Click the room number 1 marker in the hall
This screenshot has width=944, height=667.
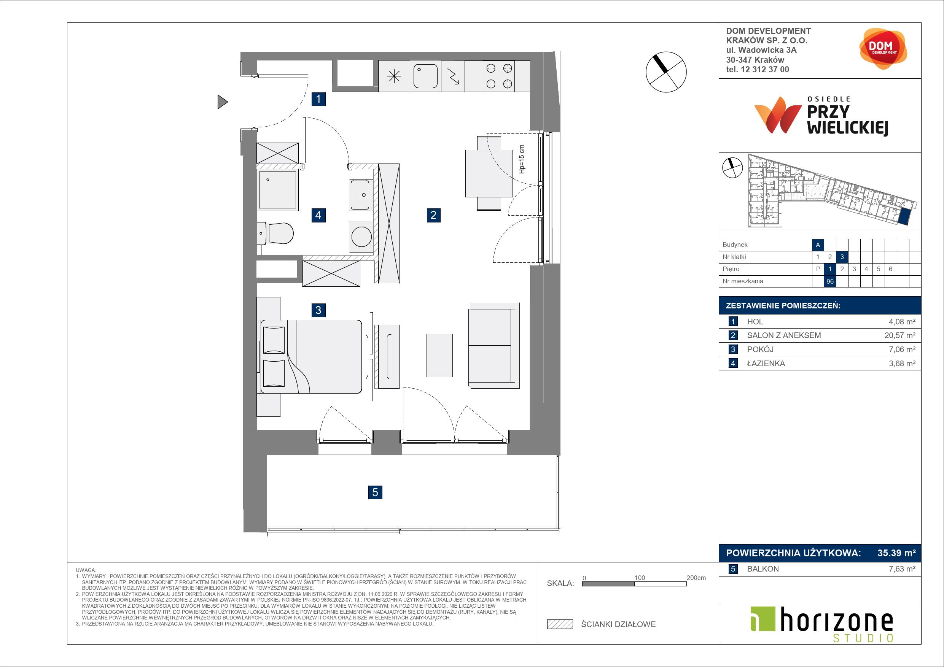[x=318, y=99]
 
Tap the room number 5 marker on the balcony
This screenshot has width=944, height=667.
[x=375, y=492]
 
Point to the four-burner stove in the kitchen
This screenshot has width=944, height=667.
[x=499, y=76]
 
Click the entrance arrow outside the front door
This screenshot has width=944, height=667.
[x=223, y=102]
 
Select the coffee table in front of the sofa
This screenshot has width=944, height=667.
[x=439, y=355]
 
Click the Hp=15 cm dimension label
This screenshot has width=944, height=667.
[x=522, y=159]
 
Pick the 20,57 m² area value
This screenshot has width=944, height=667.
[x=900, y=335]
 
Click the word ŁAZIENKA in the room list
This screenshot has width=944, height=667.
[x=766, y=363]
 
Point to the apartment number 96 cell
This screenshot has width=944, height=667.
[x=830, y=281]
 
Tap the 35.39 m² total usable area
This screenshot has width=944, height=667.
[x=896, y=553]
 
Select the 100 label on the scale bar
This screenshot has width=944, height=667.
[x=639, y=577]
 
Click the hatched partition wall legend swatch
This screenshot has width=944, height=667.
[x=560, y=624]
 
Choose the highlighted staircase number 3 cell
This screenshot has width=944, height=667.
[x=842, y=257]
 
